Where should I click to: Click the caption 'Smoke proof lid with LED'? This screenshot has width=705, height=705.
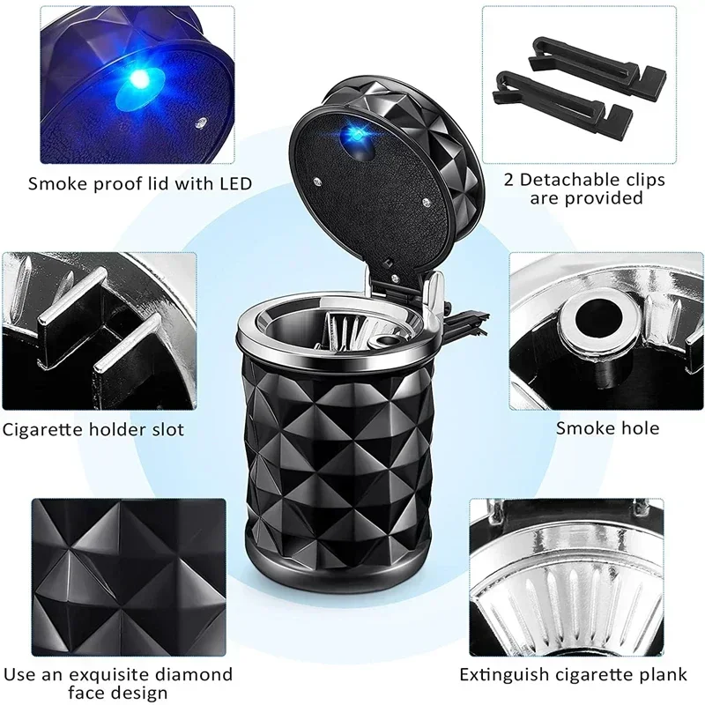click(x=140, y=184)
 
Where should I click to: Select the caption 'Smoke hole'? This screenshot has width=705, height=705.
click(x=607, y=429)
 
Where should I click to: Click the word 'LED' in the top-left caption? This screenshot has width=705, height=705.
click(x=234, y=184)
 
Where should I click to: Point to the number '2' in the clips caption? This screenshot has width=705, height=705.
click(x=508, y=180)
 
